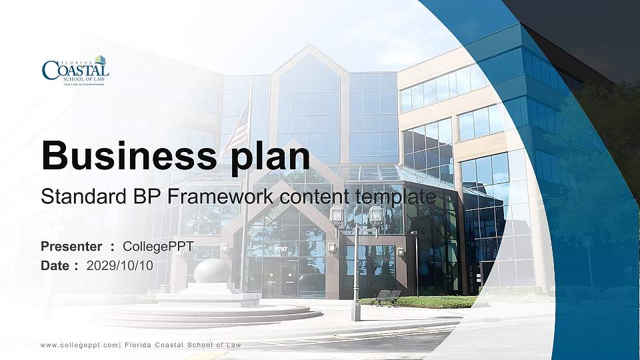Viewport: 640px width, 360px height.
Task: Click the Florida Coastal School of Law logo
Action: click(x=75, y=71)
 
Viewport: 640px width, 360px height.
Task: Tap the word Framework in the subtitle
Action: click(x=224, y=197)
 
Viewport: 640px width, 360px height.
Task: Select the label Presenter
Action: click(x=71, y=247)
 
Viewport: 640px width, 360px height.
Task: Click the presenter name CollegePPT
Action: click(x=158, y=247)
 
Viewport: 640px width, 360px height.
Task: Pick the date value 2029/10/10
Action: click(x=120, y=265)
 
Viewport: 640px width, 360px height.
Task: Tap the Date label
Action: click(x=55, y=265)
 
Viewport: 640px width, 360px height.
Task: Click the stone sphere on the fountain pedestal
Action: click(x=212, y=271)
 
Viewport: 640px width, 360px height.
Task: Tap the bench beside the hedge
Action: click(x=388, y=297)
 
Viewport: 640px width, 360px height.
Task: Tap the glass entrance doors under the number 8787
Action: click(x=279, y=277)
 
